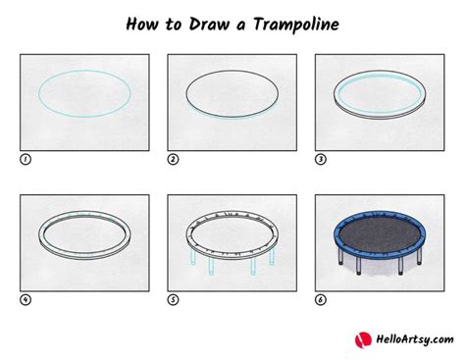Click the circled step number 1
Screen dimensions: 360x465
click(25, 159)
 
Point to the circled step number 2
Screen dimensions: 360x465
click(173, 159)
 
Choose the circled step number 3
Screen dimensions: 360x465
click(320, 159)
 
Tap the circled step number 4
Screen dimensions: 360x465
click(25, 299)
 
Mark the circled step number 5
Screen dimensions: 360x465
click(173, 299)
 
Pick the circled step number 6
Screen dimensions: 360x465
click(320, 299)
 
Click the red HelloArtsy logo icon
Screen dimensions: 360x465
click(362, 339)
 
